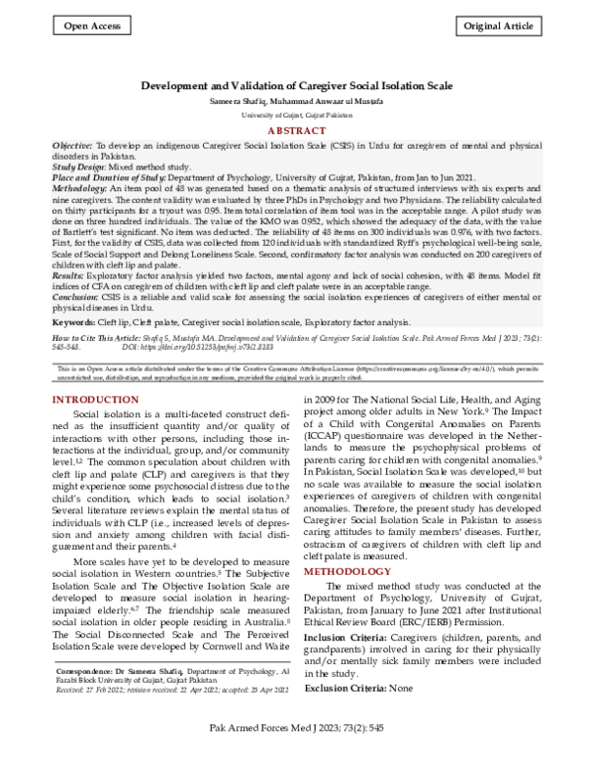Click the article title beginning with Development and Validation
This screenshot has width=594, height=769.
(297, 86)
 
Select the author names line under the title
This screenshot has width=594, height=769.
(297, 101)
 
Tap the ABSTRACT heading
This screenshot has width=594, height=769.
(297, 131)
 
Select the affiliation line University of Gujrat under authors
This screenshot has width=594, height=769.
(297, 115)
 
